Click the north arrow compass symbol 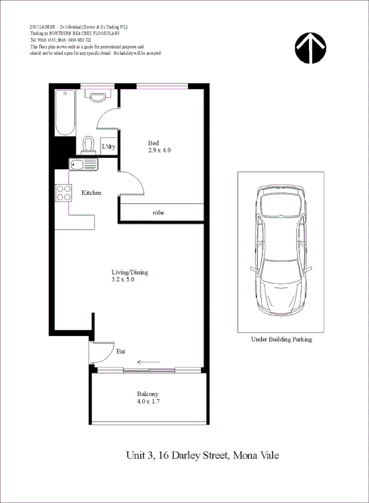pyautogui.click(x=311, y=48)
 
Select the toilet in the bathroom pyautogui.click(x=89, y=145)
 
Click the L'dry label pyautogui.click(x=108, y=147)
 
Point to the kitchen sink pyautogui.click(x=84, y=165)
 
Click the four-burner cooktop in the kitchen pyautogui.click(x=64, y=193)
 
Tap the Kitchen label pyautogui.click(x=91, y=193)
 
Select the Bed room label pyautogui.click(x=153, y=143)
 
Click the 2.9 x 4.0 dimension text pyautogui.click(x=160, y=150)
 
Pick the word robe pyautogui.click(x=158, y=212)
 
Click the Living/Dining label pyautogui.click(x=130, y=272)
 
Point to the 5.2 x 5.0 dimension pyautogui.click(x=123, y=280)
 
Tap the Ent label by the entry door pyautogui.click(x=121, y=352)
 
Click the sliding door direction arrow pyautogui.click(x=149, y=362)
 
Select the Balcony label pyautogui.click(x=148, y=394)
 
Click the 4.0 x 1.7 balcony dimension pyautogui.click(x=148, y=402)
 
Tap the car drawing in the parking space pyautogui.click(x=281, y=251)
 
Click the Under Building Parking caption pyautogui.click(x=281, y=339)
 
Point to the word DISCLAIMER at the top pyautogui.click(x=42, y=27)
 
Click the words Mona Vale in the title pyautogui.click(x=255, y=456)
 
